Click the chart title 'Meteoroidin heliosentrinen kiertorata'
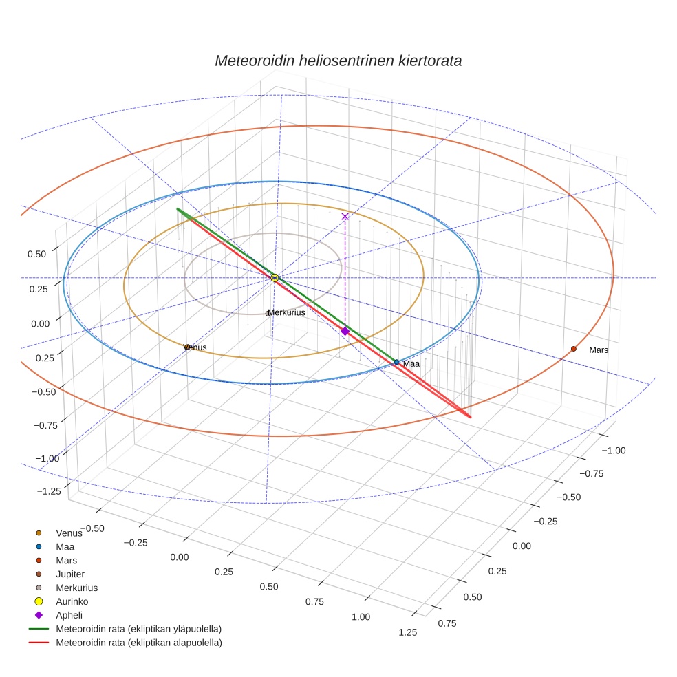coord(338,61)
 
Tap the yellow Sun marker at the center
coord(275,277)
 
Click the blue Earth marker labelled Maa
coord(396,362)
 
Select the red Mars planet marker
coord(573,349)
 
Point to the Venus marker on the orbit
coord(186,347)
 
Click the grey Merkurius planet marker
coord(268,314)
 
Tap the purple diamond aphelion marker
coord(345,331)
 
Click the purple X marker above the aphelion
coord(345,217)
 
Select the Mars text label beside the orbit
coord(599,350)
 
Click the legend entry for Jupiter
coord(70,574)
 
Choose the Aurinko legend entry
coord(72,601)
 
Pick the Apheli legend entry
coord(69,615)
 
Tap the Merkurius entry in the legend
coord(76,588)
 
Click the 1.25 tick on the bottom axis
coord(407,632)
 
